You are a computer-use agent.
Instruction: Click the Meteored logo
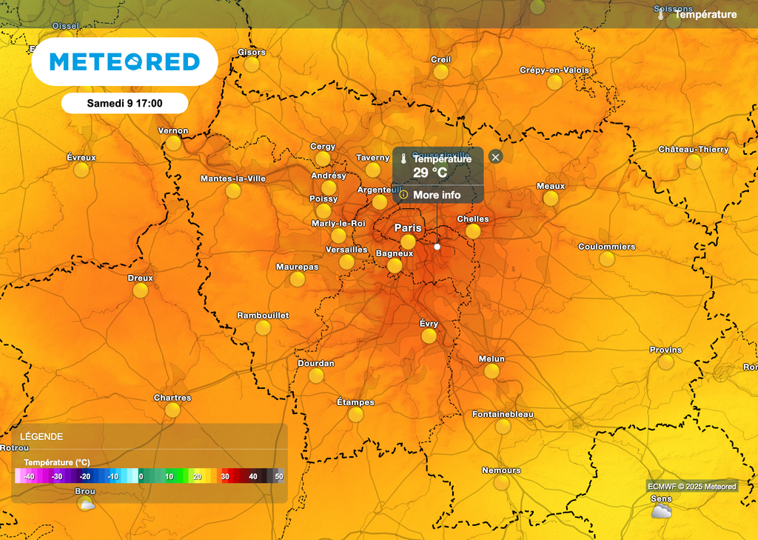[124, 61]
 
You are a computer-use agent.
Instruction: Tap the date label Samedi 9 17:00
[124, 103]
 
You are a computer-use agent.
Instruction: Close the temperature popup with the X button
[496, 156]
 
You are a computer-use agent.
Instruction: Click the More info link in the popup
[437, 195]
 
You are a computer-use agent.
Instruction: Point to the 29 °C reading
[430, 173]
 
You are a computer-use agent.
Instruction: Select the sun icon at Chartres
[172, 410]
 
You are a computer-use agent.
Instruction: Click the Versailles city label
[346, 250]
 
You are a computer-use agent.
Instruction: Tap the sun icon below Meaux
[551, 199]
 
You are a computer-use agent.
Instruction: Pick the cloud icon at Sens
[661, 511]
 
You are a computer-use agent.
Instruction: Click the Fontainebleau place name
[503, 414]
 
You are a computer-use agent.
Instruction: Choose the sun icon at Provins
[666, 362]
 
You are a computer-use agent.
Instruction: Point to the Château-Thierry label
[694, 150]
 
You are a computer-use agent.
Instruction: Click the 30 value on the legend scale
[225, 476]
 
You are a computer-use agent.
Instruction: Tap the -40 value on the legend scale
[30, 476]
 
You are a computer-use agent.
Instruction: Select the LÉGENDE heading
[41, 437]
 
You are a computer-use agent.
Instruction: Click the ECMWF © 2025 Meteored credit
[692, 487]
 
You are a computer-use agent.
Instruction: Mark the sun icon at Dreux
[141, 291]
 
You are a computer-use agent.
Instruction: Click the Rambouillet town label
[263, 316]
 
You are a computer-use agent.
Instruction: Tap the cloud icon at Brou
[86, 504]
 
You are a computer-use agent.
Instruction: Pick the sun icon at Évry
[429, 336]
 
